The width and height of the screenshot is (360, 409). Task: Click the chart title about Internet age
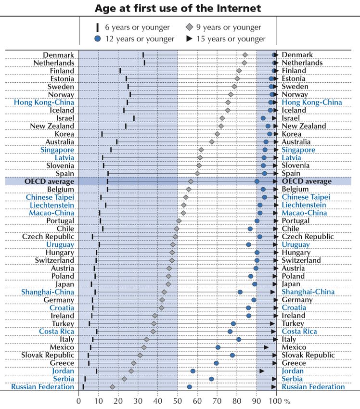click(178, 8)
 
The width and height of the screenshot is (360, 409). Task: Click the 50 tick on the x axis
click(178, 400)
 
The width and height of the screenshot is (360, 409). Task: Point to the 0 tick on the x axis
click(79, 400)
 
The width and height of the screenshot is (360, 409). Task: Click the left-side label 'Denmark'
click(59, 55)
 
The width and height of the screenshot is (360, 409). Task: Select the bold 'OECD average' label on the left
click(50, 181)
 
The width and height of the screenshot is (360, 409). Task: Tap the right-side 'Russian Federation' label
click(313, 387)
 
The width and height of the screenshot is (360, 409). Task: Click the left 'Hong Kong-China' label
click(44, 102)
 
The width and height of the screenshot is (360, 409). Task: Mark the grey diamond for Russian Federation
click(113, 387)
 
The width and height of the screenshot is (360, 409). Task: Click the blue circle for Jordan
click(193, 371)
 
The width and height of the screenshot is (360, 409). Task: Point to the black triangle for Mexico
click(266, 347)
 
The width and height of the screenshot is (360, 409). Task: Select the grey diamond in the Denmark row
click(245, 55)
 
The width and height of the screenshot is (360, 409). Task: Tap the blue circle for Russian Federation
click(189, 387)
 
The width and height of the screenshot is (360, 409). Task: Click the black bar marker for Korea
click(102, 134)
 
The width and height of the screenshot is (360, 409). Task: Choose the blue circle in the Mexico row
click(218, 347)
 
